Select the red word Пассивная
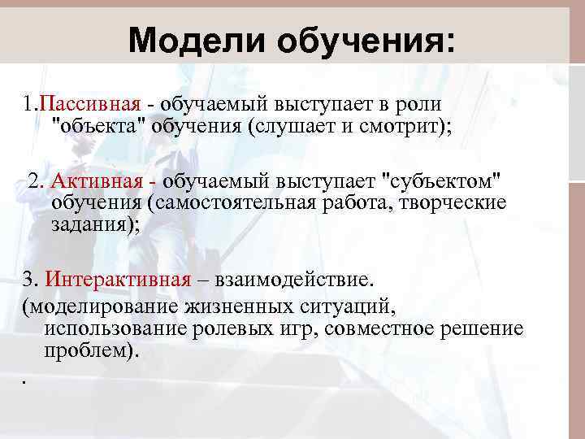coord(91,105)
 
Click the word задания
coord(89,224)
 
